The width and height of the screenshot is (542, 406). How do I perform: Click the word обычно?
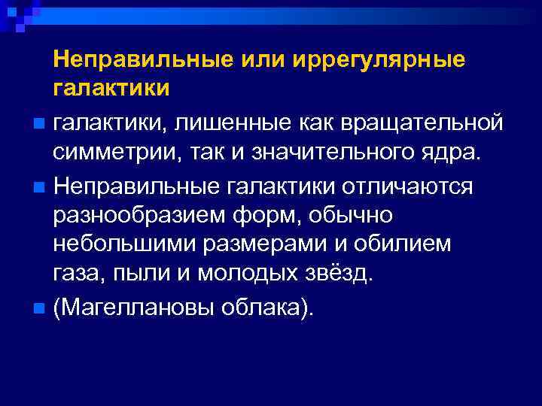pyautogui.click(x=351, y=217)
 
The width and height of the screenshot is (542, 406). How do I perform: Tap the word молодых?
pyautogui.click(x=246, y=274)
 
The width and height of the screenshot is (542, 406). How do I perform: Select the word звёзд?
pyautogui.click(x=338, y=274)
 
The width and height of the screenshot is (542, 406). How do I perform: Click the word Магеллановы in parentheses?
pyautogui.click(x=135, y=306)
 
